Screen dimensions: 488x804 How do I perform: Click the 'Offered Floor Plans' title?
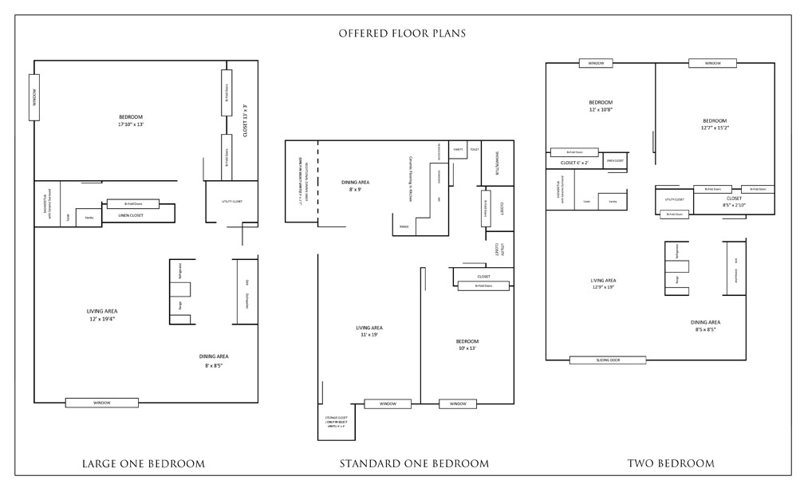pyautogui.click(x=402, y=33)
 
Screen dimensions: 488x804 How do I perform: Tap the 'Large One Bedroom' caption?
pyautogui.click(x=144, y=463)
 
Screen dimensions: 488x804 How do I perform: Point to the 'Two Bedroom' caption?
pyautogui.click(x=671, y=463)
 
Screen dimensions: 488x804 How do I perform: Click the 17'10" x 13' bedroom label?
pyautogui.click(x=130, y=120)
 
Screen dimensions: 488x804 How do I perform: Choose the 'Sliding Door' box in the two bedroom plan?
pyautogui.click(x=609, y=360)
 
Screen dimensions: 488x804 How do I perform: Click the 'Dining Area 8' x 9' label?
pyautogui.click(x=355, y=186)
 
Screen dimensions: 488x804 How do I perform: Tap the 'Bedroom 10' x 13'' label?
pyautogui.click(x=467, y=344)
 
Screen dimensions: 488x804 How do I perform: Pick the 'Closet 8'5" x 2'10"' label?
pyautogui.click(x=734, y=202)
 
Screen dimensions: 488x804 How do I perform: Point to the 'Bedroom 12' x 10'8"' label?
pyautogui.click(x=601, y=106)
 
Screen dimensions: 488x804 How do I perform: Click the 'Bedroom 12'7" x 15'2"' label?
pyautogui.click(x=715, y=124)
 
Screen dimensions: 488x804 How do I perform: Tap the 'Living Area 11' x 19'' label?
pyautogui.click(x=369, y=331)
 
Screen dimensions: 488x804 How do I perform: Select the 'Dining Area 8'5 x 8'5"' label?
pyautogui.click(x=705, y=325)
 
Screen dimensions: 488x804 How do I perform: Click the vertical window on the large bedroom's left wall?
pyautogui.click(x=34, y=97)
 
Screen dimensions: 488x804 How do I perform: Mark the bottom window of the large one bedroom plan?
pyautogui.click(x=101, y=403)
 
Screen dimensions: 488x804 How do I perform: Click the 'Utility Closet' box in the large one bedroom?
pyautogui.click(x=231, y=201)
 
